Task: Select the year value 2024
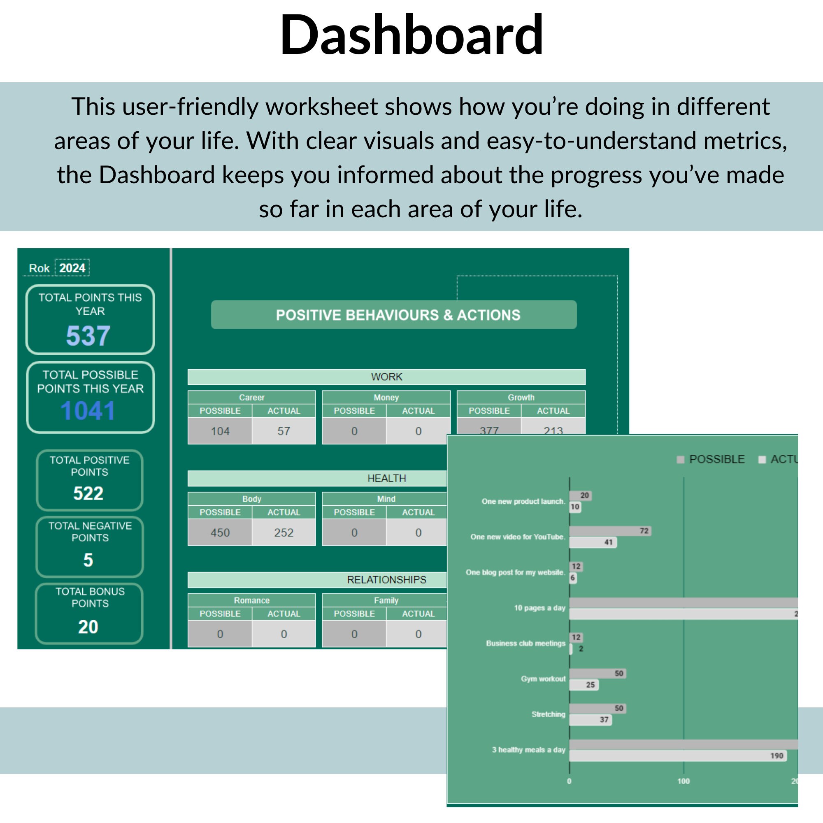(x=72, y=268)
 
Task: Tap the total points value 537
(x=88, y=336)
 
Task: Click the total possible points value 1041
(x=88, y=411)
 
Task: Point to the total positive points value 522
(x=88, y=493)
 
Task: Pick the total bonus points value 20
(x=88, y=627)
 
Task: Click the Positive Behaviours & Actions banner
(x=394, y=315)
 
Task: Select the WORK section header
(x=386, y=377)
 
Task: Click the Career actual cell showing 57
(x=284, y=431)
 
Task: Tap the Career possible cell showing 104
(x=220, y=431)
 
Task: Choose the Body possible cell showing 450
(x=220, y=532)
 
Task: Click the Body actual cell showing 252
(x=284, y=532)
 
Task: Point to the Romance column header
(x=251, y=600)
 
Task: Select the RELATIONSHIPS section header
(x=386, y=580)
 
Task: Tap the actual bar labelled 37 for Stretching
(x=590, y=720)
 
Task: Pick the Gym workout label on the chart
(x=543, y=679)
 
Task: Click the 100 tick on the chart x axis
(x=683, y=781)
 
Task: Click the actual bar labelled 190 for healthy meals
(x=677, y=756)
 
